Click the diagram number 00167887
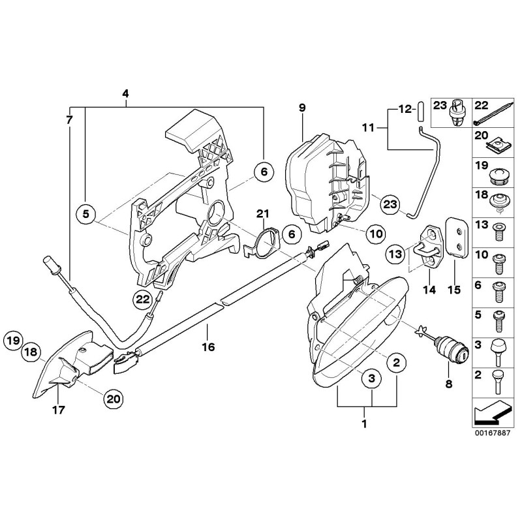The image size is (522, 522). coord(493,431)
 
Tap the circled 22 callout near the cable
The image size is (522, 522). coord(143,299)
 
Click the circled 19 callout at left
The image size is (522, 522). coord(12,339)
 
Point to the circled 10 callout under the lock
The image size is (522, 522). coord(376,232)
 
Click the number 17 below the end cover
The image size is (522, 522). coord(57,410)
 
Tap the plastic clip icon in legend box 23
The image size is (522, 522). coord(459,112)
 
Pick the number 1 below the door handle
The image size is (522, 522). coord(365,423)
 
